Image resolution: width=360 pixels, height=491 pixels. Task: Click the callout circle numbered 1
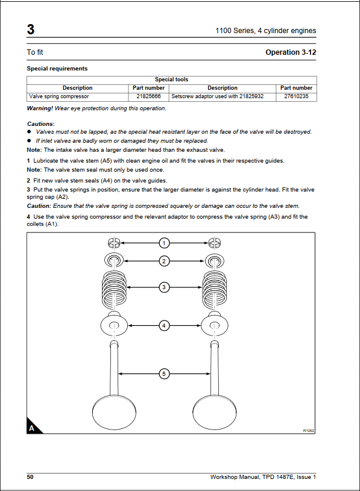pos(164,243)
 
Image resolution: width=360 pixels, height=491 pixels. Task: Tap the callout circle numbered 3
pos(164,287)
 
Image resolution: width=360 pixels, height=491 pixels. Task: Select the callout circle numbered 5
pos(164,374)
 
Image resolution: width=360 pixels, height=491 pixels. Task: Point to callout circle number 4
pos(164,326)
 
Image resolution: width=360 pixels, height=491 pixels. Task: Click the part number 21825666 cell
pos(148,96)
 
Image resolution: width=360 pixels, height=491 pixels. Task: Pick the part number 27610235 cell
pos(296,96)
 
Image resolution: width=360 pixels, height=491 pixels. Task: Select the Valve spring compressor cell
pos(77,96)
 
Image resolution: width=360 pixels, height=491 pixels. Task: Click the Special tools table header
pos(171,80)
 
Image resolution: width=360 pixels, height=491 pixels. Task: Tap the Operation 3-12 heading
pos(291,52)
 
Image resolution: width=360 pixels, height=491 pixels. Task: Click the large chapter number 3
pos(31,30)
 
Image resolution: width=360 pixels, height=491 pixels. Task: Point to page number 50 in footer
pos(30,477)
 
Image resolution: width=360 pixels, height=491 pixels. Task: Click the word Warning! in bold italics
pos(40,108)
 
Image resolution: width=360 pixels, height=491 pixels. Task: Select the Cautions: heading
pos(41,124)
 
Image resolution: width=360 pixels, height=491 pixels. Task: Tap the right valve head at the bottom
pos(214,412)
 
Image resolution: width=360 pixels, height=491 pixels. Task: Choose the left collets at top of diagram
pos(114,243)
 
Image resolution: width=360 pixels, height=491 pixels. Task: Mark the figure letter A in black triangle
pos(31,428)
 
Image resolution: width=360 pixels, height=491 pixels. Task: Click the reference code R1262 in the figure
pos(308,431)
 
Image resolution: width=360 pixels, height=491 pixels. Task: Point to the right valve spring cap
pos(214,260)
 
